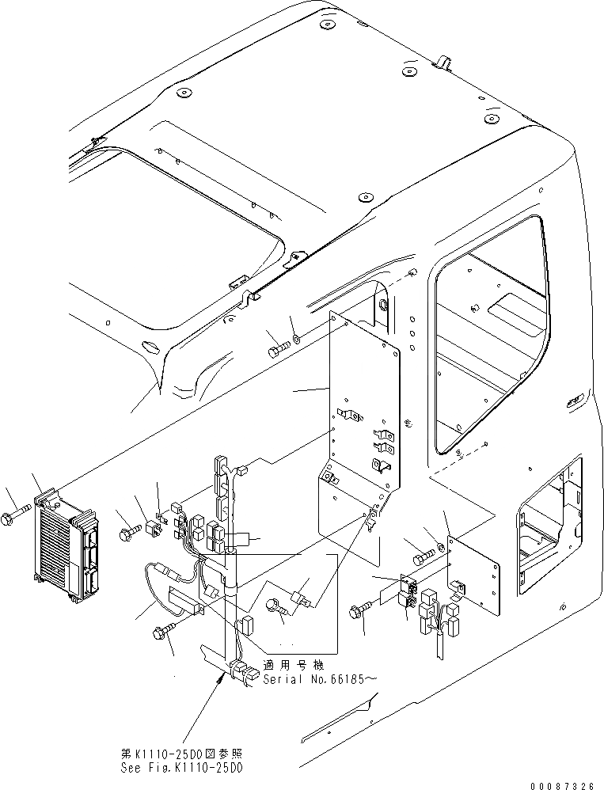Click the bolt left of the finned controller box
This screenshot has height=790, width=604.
tap(21, 519)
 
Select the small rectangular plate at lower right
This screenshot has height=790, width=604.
tap(473, 575)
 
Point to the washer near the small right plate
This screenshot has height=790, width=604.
tap(437, 548)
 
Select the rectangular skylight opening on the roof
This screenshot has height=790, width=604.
tap(190, 214)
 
